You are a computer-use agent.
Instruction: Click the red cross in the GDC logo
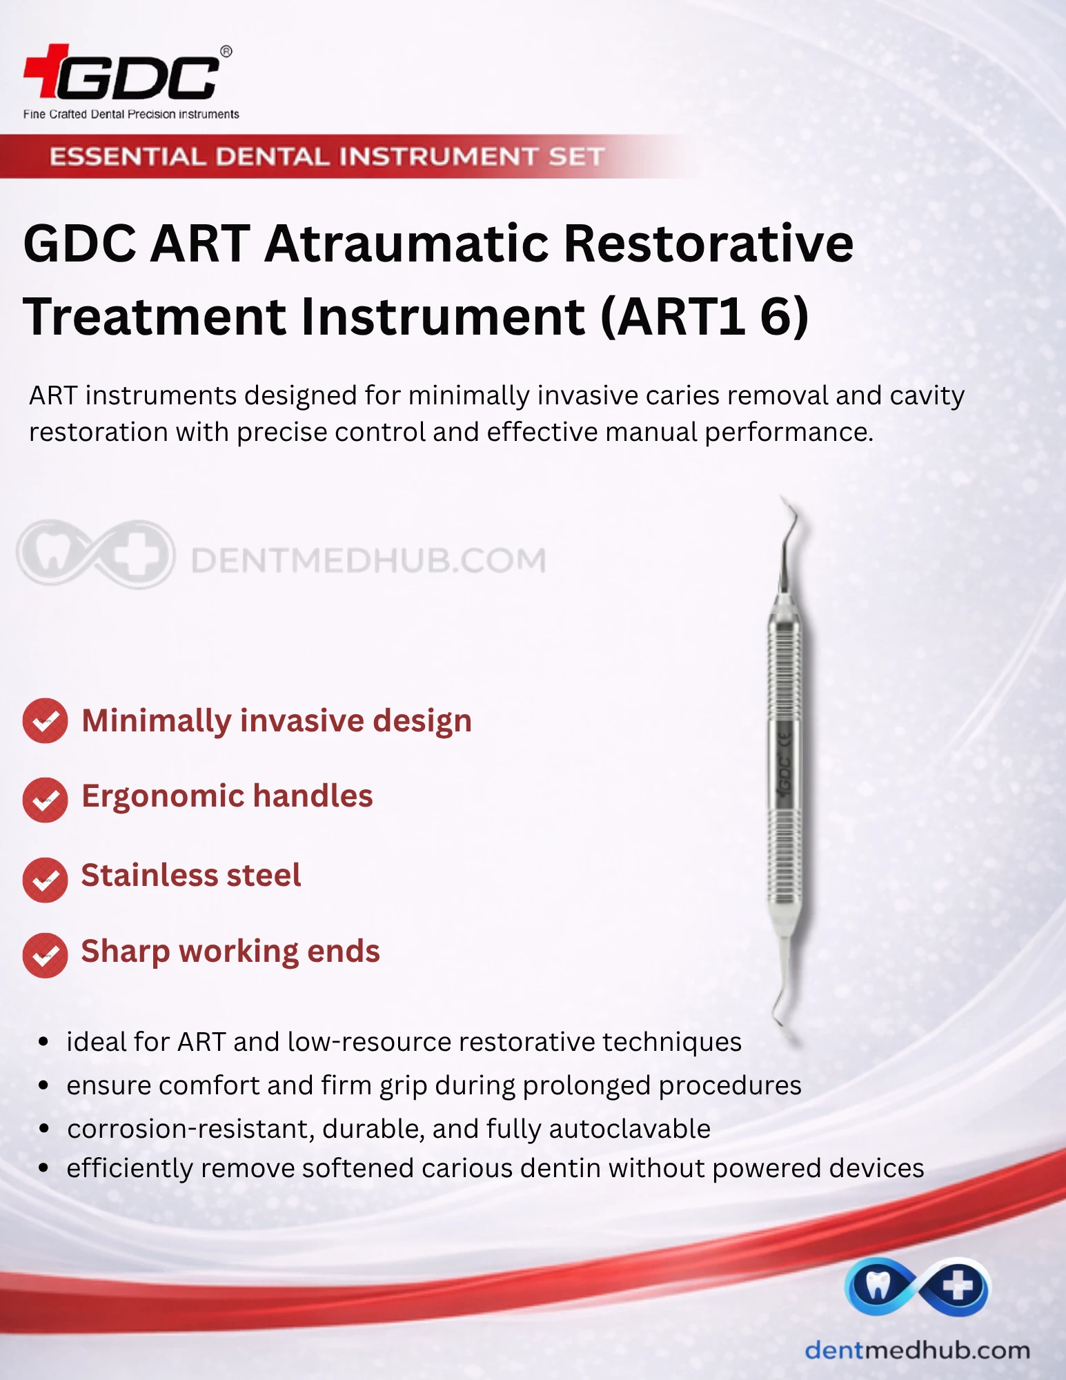pyautogui.click(x=47, y=70)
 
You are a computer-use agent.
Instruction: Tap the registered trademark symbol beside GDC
pyautogui.click(x=226, y=52)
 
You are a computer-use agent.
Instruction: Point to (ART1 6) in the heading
pyautogui.click(x=704, y=317)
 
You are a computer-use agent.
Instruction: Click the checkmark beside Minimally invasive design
pyautogui.click(x=45, y=721)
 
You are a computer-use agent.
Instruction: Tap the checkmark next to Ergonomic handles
pyautogui.click(x=45, y=800)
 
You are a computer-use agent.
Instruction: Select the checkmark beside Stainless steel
pyautogui.click(x=45, y=880)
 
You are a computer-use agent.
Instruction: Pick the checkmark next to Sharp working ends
pyautogui.click(x=45, y=955)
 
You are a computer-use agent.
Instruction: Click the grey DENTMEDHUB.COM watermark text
pyautogui.click(x=368, y=560)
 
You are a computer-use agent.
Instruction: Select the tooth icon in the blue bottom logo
pyautogui.click(x=877, y=1285)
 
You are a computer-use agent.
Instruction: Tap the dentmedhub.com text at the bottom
pyautogui.click(x=918, y=1350)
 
